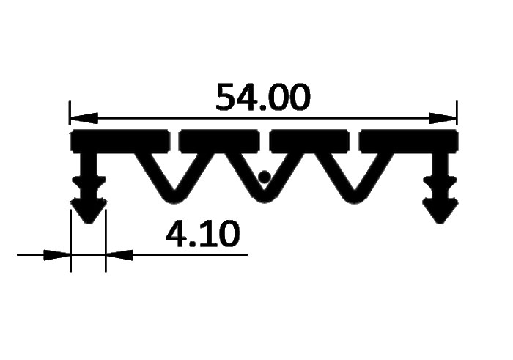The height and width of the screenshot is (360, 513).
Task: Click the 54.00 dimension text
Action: pos(262,97)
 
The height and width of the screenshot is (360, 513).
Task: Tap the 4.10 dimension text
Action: pos(202,233)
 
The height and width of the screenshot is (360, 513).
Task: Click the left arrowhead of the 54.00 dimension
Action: pos(84,118)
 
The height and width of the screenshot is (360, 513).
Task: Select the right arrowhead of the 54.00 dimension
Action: pos(443,118)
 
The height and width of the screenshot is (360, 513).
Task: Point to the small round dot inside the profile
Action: pos(265,177)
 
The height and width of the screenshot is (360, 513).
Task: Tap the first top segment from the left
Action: pos(120,141)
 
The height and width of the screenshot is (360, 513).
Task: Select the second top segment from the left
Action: pos(219,141)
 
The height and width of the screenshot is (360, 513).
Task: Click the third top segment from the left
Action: pos(309,141)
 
